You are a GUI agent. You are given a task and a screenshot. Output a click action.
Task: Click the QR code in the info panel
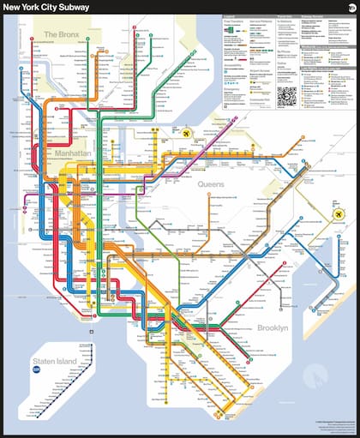tap(286, 95)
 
